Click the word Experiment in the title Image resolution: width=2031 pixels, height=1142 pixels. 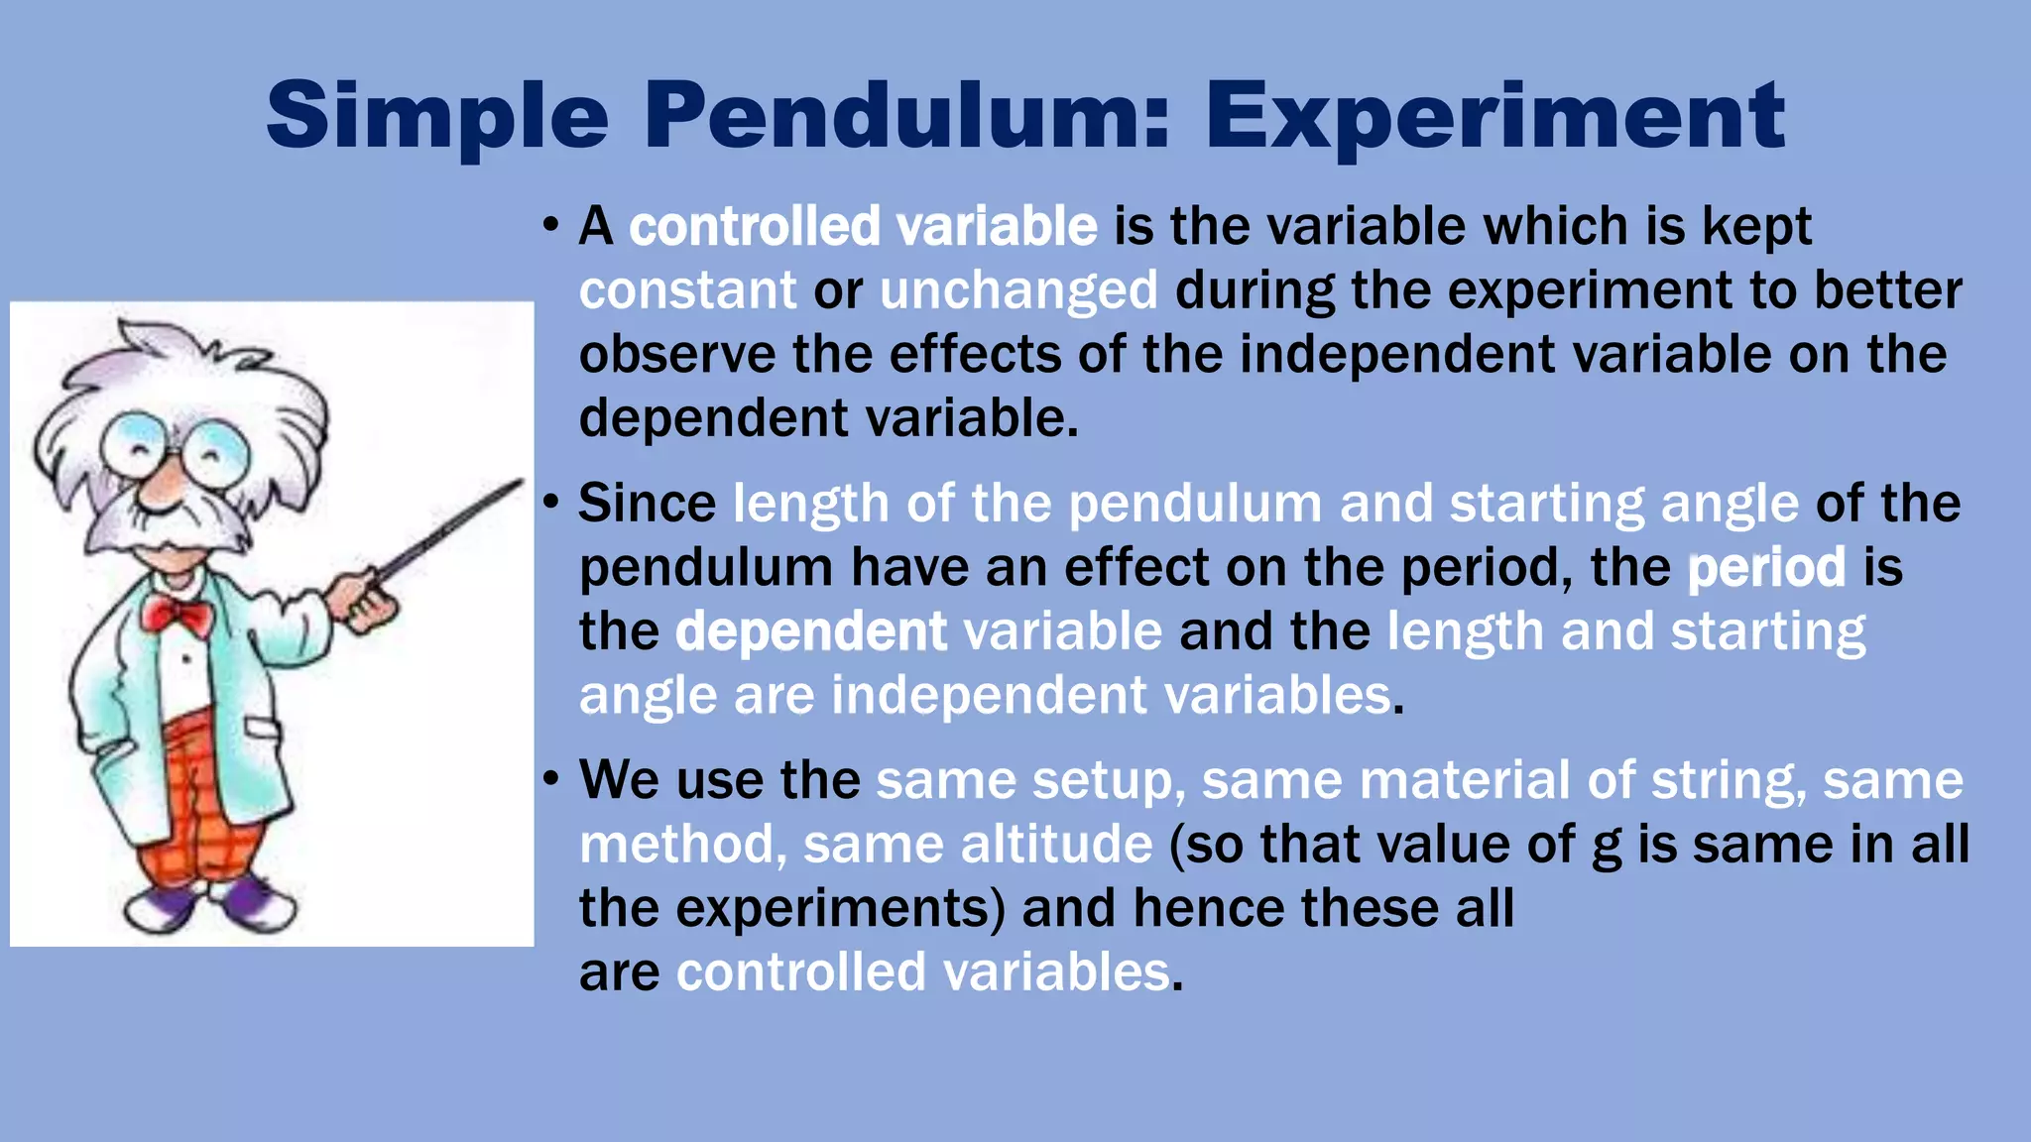click(x=1494, y=117)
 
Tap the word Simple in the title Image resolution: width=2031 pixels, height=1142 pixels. click(x=437, y=117)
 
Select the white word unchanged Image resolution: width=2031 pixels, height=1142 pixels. click(x=1018, y=290)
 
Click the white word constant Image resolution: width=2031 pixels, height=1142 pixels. click(x=687, y=290)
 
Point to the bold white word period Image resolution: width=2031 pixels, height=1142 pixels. click(x=1766, y=568)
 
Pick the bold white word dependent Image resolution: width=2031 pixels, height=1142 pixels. click(x=810, y=631)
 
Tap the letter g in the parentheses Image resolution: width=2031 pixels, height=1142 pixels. click(x=1605, y=848)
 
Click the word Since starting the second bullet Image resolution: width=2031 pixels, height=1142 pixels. click(x=647, y=504)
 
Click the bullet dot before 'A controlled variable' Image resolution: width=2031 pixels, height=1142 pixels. click(x=551, y=225)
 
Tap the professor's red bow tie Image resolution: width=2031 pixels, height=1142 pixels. click(x=177, y=615)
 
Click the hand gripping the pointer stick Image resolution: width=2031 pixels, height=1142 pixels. click(x=362, y=601)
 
